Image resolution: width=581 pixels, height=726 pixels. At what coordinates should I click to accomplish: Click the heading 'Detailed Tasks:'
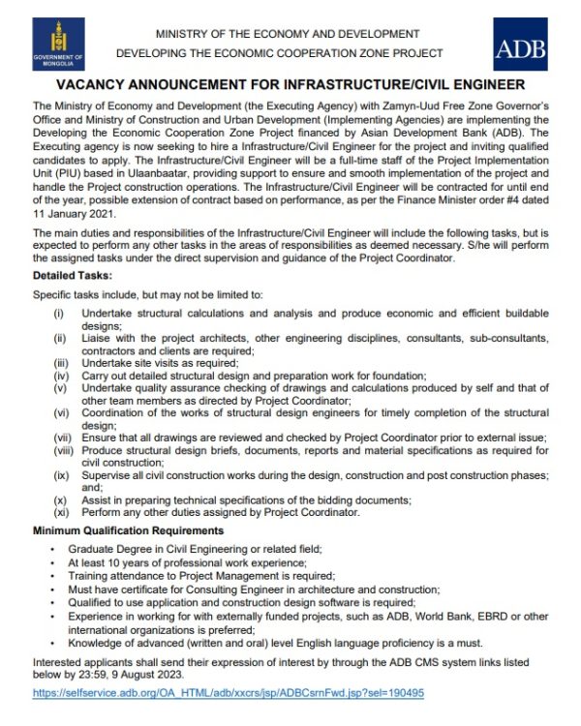click(70, 276)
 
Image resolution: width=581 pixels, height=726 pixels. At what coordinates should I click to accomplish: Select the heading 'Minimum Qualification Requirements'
click(129, 531)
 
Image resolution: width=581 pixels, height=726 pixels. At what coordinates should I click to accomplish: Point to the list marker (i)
click(59, 315)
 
